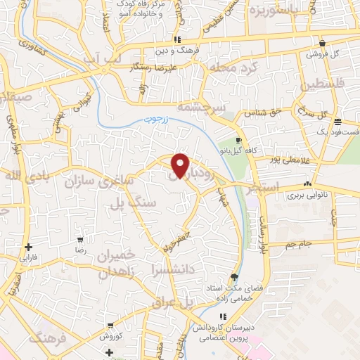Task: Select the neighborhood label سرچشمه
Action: coord(219,108)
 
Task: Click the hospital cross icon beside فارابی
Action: coord(28,247)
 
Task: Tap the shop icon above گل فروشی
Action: coord(322,43)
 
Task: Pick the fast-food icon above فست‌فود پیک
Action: coord(338,120)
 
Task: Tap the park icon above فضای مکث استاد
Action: coord(233,277)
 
